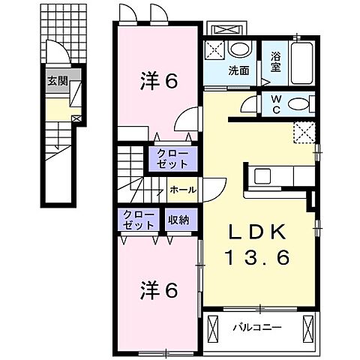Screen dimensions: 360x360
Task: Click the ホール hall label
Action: [183, 190]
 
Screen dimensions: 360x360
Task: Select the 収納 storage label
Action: [178, 220]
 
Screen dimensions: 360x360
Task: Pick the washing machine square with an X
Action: [216, 50]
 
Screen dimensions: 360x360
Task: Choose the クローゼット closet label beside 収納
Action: [139, 220]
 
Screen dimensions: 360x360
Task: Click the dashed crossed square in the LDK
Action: [304, 132]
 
